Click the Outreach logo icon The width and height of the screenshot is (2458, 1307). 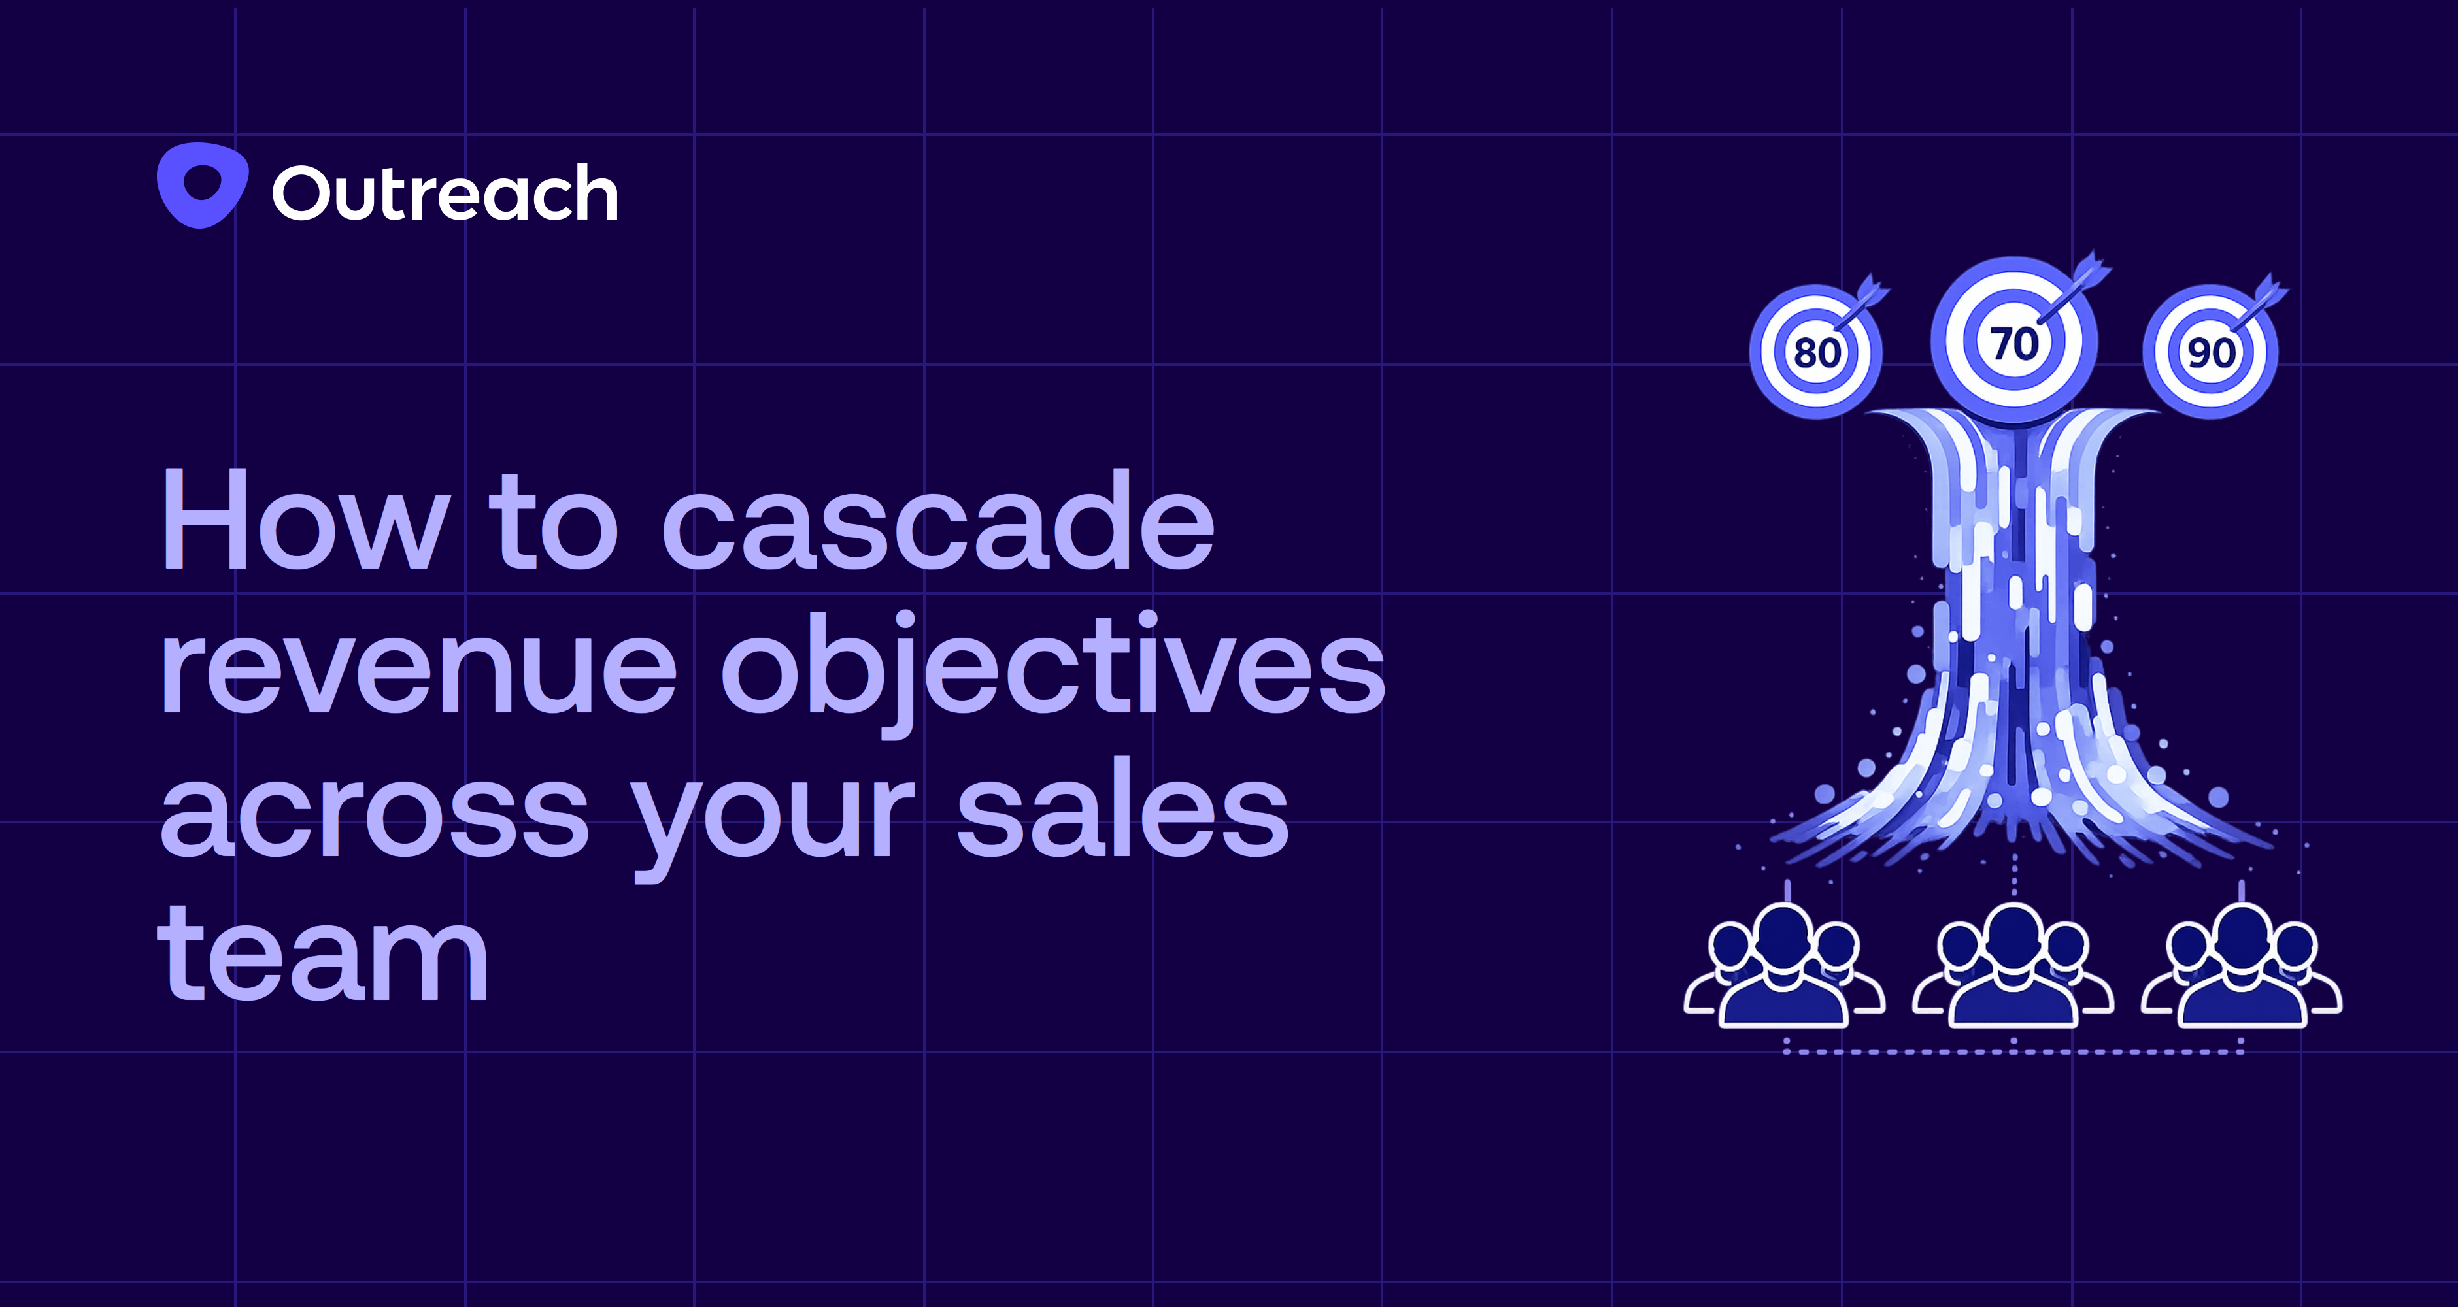[x=202, y=185]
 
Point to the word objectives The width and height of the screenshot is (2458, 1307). [x=1052, y=668]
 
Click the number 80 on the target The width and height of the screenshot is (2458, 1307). [x=1816, y=353]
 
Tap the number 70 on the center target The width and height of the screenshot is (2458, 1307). [x=2013, y=344]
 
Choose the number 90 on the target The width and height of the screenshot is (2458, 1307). [x=2210, y=353]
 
